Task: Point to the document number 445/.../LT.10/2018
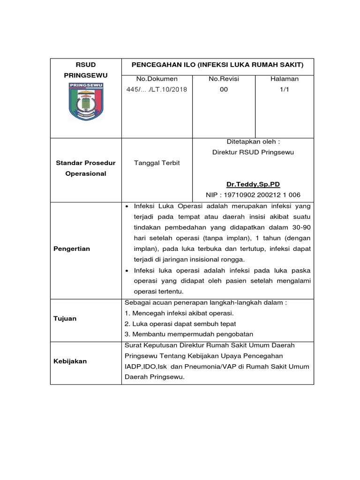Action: pyautogui.click(x=157, y=90)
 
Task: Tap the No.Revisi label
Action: pyautogui.click(x=224, y=79)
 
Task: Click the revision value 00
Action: pyautogui.click(x=224, y=90)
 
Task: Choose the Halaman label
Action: pyautogui.click(x=284, y=79)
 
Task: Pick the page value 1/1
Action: pyautogui.click(x=284, y=90)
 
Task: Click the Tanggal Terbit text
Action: pyautogui.click(x=157, y=163)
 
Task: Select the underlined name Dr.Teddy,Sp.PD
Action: pyautogui.click(x=253, y=184)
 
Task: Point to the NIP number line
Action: pyautogui.click(x=253, y=195)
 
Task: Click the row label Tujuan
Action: pyautogui.click(x=65, y=318)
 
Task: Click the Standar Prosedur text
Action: pyautogui.click(x=86, y=163)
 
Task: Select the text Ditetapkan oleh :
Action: pyautogui.click(x=253, y=142)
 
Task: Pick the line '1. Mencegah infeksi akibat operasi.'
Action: pyautogui.click(x=179, y=313)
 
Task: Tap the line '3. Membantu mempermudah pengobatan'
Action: pyautogui.click(x=188, y=334)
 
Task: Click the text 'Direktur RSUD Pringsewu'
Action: pyautogui.click(x=253, y=152)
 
